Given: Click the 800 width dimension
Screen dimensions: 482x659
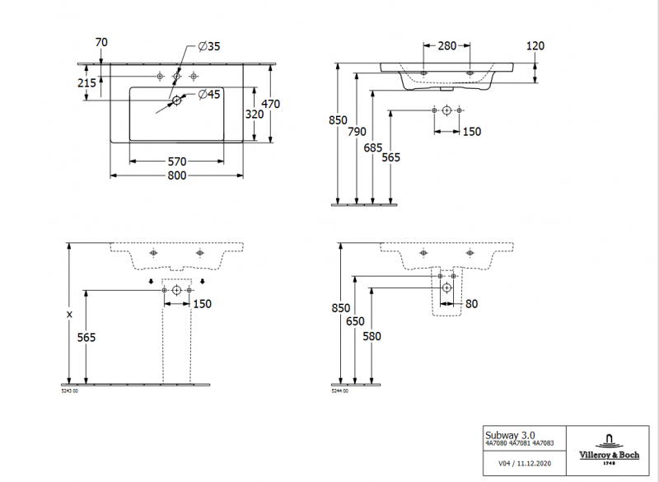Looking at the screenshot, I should point(177,175).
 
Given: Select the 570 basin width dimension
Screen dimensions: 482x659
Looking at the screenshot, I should point(177,161).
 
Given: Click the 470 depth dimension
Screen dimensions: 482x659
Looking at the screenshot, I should point(271,104).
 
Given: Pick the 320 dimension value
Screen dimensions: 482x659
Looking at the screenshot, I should point(255,115).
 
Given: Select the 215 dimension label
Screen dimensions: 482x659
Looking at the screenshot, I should point(86,82).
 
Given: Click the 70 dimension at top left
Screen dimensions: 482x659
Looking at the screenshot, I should point(102,42).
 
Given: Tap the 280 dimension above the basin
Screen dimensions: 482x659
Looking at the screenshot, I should point(447,46).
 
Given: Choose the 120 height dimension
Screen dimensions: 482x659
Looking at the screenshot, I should point(535,46).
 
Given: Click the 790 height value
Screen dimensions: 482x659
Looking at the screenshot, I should point(357,131).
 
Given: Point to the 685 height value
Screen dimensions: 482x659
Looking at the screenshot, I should point(373,147).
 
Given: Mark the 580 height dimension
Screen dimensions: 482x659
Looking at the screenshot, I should point(372,335).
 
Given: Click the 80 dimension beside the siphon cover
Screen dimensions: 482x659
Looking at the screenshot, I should point(470,304).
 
